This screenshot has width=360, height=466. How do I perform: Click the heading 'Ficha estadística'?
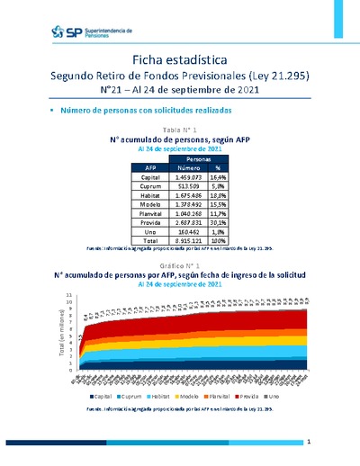(180, 58)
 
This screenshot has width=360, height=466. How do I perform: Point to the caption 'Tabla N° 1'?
(180, 131)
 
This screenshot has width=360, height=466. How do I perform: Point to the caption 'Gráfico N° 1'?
(180, 267)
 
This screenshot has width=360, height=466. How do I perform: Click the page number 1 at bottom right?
(309, 443)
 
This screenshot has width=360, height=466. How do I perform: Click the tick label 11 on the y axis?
(69, 294)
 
